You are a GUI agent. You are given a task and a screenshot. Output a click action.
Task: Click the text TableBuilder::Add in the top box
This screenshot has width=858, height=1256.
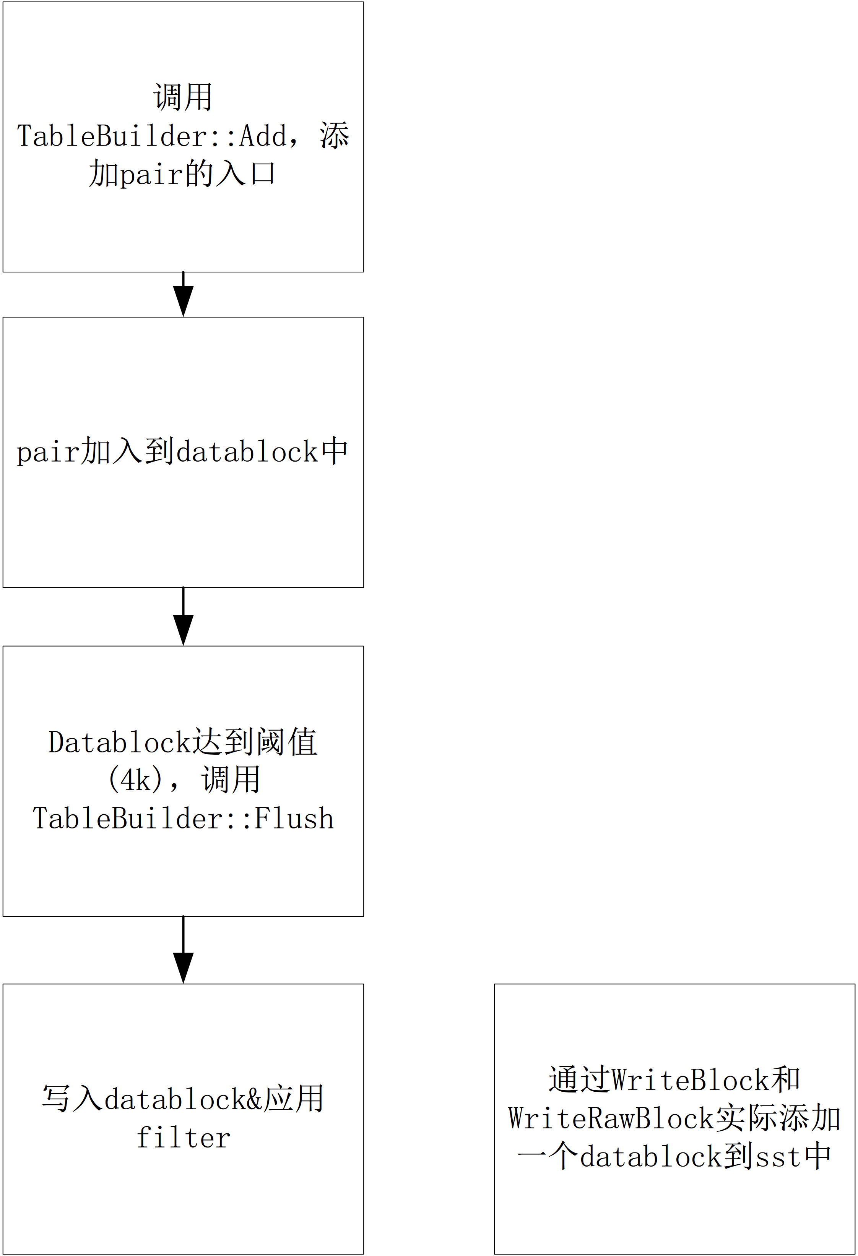pyautogui.click(x=152, y=136)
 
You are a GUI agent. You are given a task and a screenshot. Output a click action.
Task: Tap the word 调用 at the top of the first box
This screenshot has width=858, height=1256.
pyautogui.click(x=183, y=98)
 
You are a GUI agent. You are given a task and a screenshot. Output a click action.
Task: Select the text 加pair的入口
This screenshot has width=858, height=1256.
pyautogui.click(x=183, y=174)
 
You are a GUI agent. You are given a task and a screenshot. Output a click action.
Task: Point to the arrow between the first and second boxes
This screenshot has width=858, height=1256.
pyautogui.click(x=183, y=295)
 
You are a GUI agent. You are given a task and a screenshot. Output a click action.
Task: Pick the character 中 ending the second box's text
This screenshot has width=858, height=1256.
pyautogui.click(x=334, y=452)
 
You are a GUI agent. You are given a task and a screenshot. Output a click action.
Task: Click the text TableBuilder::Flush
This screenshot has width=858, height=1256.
pyautogui.click(x=183, y=819)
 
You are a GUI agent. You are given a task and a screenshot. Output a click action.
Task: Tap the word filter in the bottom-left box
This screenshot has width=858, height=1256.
pyautogui.click(x=183, y=1139)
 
